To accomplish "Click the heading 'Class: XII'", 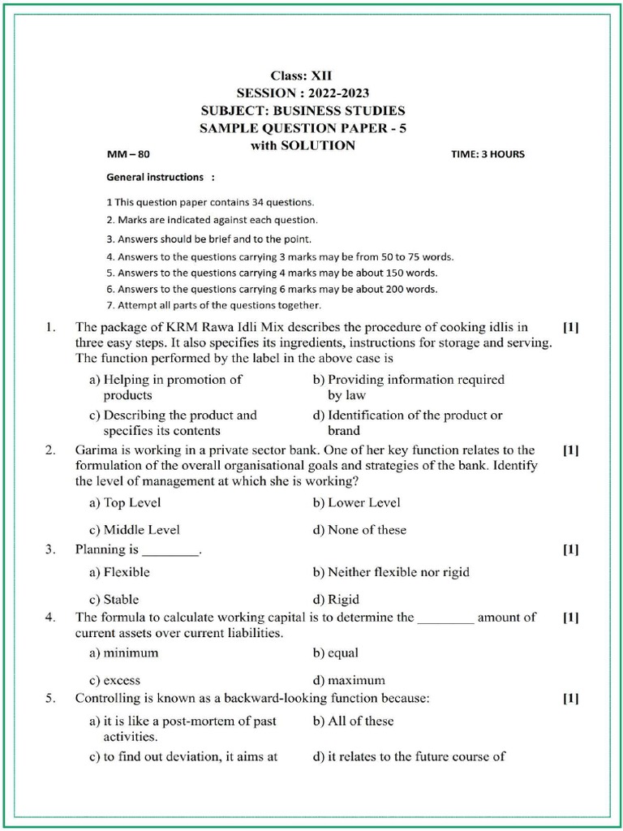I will tap(302, 75).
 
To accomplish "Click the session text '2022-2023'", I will tap(338, 93).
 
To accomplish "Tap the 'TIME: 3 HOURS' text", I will tap(487, 154).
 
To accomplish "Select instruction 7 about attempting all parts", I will tap(213, 305).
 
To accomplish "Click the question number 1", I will tap(50, 328).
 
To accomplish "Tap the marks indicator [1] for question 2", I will tap(570, 450).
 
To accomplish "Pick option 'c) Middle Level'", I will tap(134, 530).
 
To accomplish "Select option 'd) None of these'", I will tap(359, 530).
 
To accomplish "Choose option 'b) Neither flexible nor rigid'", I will tap(390, 571).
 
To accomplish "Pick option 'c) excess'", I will tap(114, 680).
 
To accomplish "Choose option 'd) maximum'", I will tap(349, 680).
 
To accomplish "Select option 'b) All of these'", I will tap(353, 721).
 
